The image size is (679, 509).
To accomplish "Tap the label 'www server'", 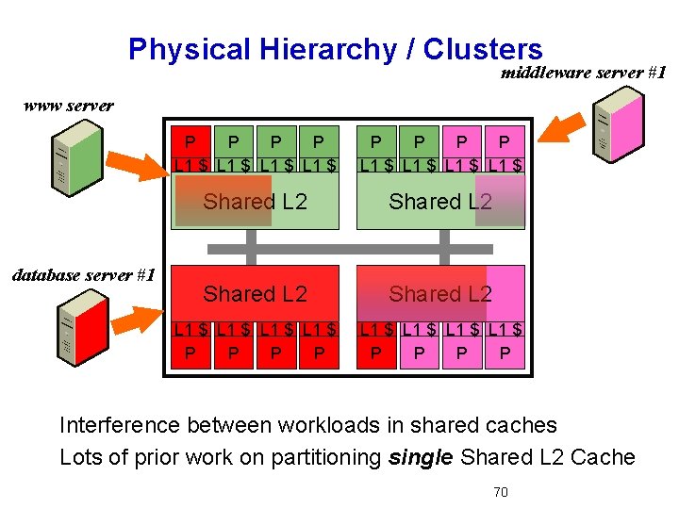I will [x=68, y=106].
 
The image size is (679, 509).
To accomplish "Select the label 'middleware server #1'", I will [x=584, y=73].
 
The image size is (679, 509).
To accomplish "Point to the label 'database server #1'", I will [x=82, y=275].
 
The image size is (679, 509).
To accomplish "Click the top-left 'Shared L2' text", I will [x=255, y=201].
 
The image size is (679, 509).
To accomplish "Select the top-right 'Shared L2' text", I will [x=440, y=201].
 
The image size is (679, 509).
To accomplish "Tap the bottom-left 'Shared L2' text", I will [x=255, y=294].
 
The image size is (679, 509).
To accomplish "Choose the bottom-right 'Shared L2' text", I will [x=440, y=294].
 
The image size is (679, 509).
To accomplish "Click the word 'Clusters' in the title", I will [x=483, y=49].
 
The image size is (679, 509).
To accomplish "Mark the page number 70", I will [x=502, y=492].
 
